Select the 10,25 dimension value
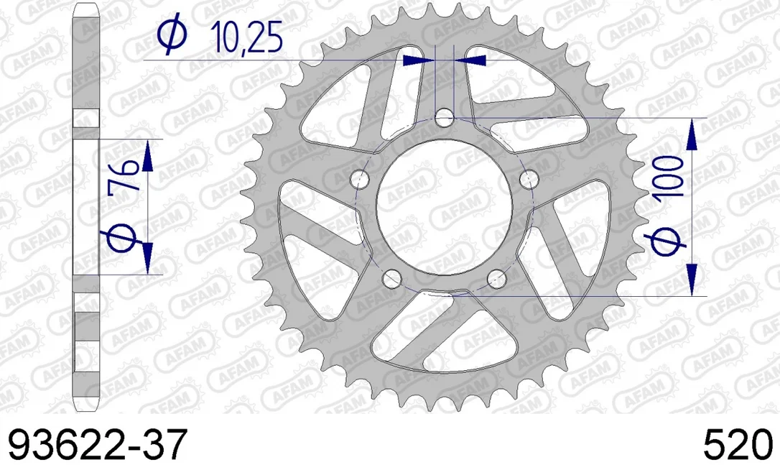[x=246, y=38]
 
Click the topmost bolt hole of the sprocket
[x=444, y=119]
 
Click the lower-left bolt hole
[x=392, y=278]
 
